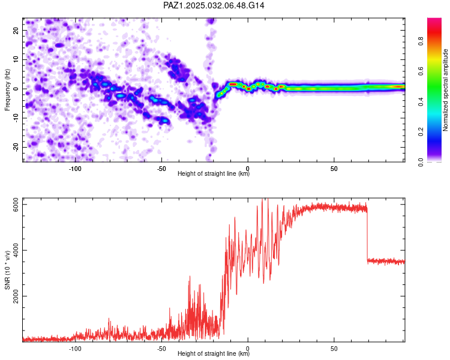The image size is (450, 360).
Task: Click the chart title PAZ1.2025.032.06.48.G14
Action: click(214, 5)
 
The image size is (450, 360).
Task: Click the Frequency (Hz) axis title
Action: click(7, 90)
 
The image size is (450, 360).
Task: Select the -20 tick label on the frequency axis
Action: click(16, 147)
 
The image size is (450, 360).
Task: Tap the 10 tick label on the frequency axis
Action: click(16, 59)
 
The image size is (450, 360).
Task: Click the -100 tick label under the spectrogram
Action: click(75, 169)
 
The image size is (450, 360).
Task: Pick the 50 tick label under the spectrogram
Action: click(334, 169)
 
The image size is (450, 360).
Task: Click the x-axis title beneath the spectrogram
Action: click(214, 173)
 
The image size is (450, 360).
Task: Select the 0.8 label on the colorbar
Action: click(421, 41)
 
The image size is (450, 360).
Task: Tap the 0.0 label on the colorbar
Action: click(421, 162)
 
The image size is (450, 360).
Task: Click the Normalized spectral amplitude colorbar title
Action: click(445, 90)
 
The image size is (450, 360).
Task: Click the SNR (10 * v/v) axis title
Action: click(7, 270)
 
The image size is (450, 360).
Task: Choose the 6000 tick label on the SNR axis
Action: click(16, 205)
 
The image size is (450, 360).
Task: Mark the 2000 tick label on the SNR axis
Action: click(16, 296)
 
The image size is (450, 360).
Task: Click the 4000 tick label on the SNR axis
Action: click(16, 250)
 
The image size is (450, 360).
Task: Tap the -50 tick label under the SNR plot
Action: click(161, 349)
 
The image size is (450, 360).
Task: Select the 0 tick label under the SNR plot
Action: click(248, 349)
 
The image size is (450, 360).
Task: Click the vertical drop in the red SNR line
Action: click(367, 235)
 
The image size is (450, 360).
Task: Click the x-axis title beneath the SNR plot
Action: click(214, 353)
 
